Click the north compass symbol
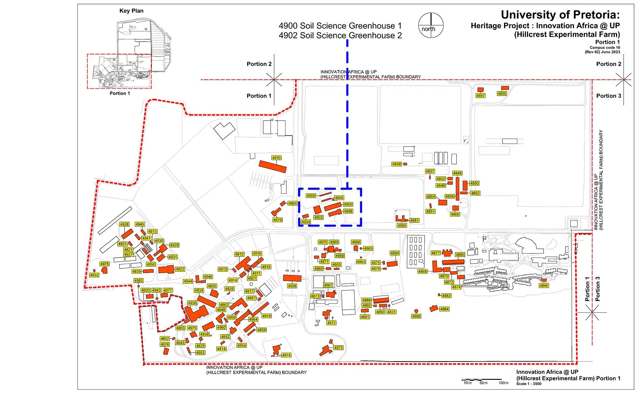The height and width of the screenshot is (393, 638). [431, 26]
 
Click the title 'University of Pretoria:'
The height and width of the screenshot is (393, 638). [560, 15]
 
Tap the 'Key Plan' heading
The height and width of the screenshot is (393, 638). [132, 11]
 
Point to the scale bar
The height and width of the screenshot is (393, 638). [482, 379]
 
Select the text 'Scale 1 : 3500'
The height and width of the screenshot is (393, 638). [529, 384]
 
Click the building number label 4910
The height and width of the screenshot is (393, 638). [276, 158]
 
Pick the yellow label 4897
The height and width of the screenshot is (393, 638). [480, 96]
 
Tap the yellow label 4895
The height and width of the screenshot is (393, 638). [502, 94]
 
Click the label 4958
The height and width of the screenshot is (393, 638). [292, 286]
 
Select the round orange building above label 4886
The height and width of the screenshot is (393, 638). [416, 311]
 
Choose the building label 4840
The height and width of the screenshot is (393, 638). [544, 286]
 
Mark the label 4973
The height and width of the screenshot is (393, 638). [338, 348]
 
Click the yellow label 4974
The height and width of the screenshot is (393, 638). [286, 355]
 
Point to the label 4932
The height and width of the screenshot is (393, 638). [94, 275]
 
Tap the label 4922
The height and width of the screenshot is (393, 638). [180, 269]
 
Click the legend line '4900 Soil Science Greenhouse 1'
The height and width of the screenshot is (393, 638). [340, 26]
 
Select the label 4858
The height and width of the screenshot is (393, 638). [396, 164]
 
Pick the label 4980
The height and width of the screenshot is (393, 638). [402, 226]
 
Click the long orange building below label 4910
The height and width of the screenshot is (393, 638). [272, 166]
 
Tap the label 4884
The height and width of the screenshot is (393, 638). [444, 309]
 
